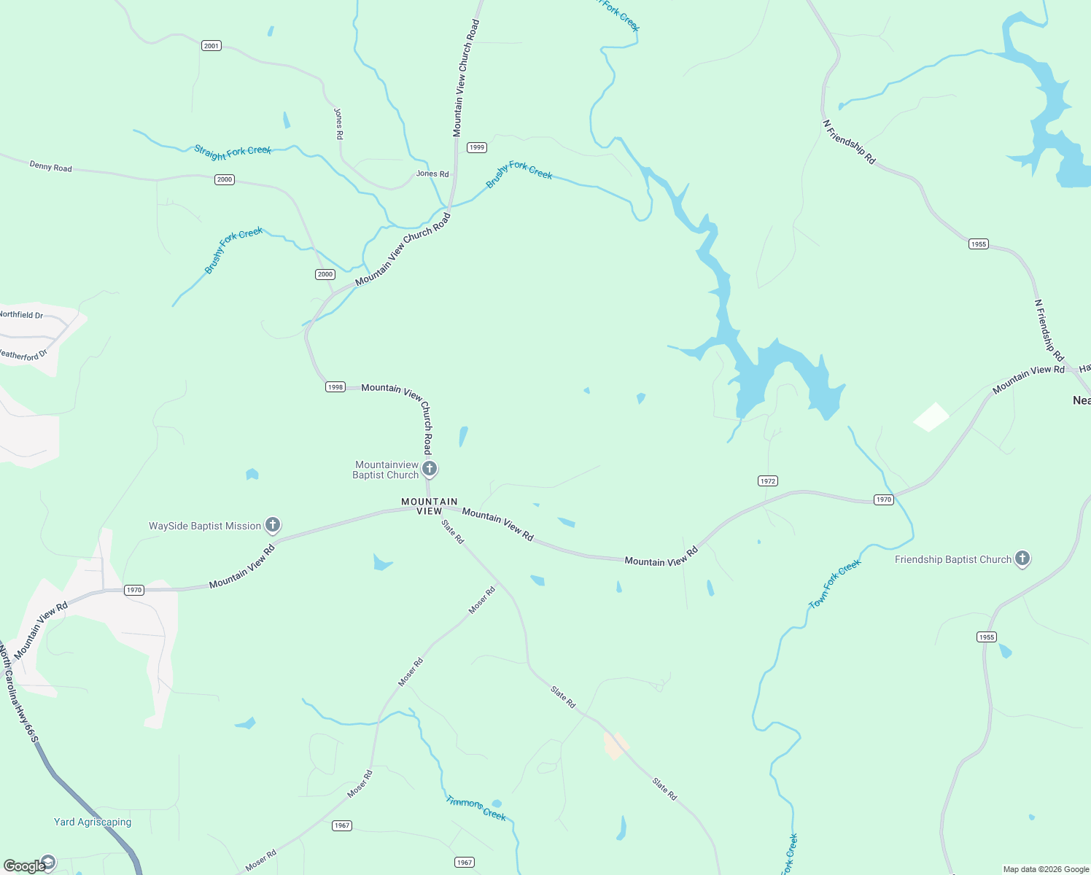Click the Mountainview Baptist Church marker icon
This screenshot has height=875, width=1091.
(430, 469)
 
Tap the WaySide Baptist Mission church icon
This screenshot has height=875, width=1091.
(272, 525)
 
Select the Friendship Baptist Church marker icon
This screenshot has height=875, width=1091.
(1022, 559)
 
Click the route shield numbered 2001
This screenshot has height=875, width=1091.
(211, 46)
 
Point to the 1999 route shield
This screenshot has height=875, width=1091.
(477, 147)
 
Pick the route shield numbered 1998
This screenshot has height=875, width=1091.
(335, 387)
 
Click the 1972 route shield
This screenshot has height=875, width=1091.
(768, 481)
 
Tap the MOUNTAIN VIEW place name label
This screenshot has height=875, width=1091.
(430, 506)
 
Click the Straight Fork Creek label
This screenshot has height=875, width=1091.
(233, 152)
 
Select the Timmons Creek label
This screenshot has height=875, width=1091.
(476, 808)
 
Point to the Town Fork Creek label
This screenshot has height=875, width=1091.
(835, 583)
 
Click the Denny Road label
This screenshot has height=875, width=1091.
(51, 167)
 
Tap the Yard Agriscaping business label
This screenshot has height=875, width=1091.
(93, 822)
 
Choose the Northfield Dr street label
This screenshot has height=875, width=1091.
(21, 315)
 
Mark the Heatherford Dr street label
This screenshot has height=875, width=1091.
(23, 355)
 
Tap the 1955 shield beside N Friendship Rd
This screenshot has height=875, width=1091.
(979, 244)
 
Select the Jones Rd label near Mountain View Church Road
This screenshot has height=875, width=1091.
(432, 174)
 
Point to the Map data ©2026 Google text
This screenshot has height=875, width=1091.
(1046, 869)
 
